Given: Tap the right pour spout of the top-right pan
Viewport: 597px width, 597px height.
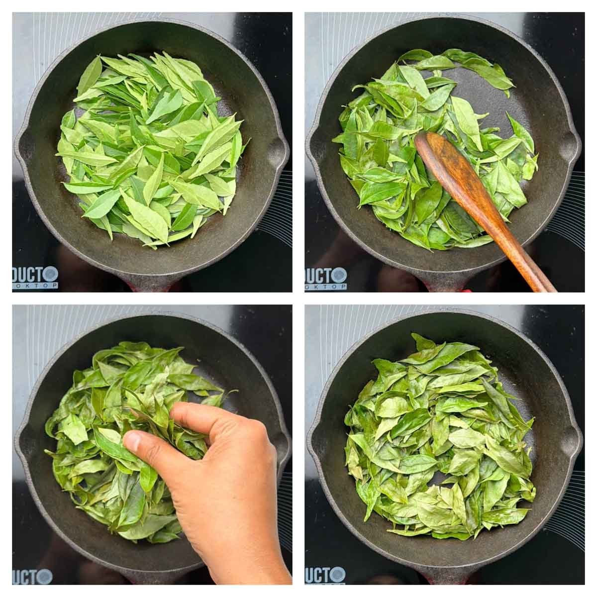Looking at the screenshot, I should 573,144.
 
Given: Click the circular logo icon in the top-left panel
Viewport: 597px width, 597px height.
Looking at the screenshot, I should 50,274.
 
